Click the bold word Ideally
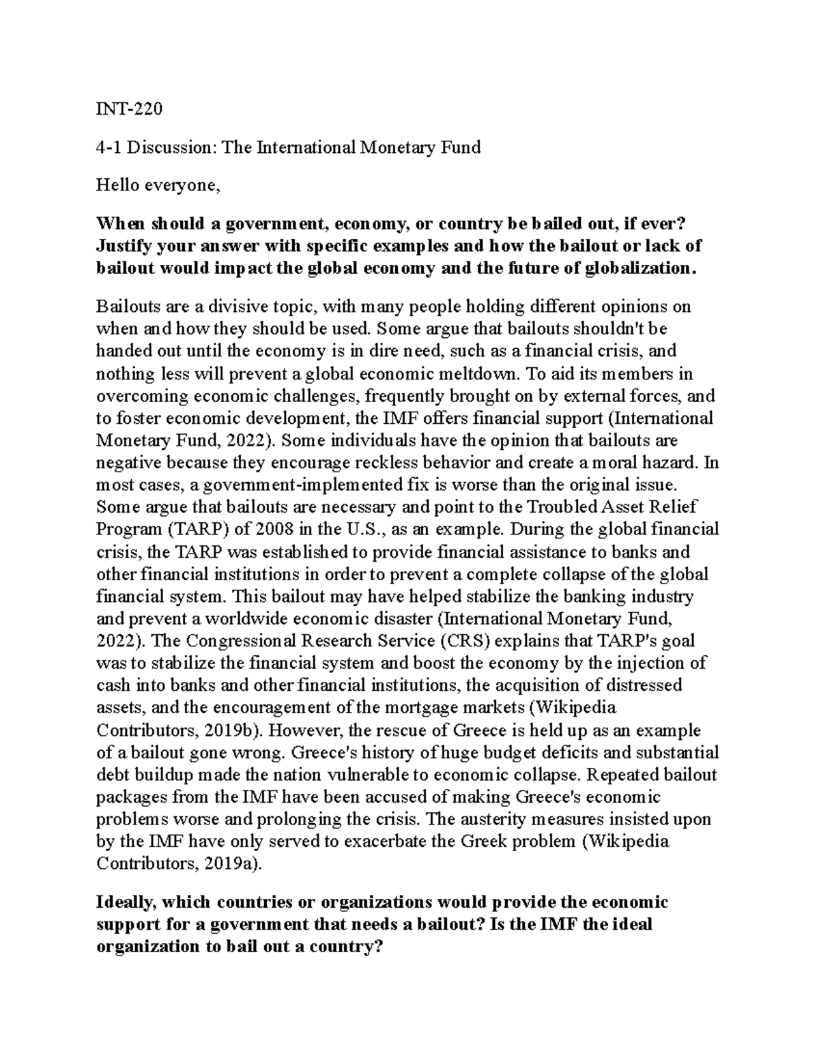[128, 902]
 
